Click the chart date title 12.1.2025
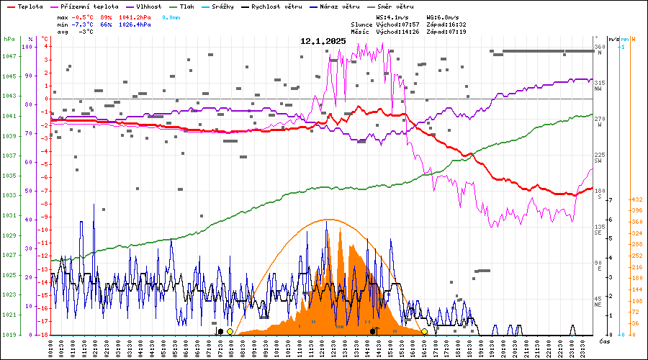(323, 41)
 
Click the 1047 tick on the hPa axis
(10, 56)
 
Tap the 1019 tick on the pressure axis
(10, 335)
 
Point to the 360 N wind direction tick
(598, 50)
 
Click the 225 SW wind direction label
(598, 158)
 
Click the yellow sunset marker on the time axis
(424, 331)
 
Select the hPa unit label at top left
(9, 39)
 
